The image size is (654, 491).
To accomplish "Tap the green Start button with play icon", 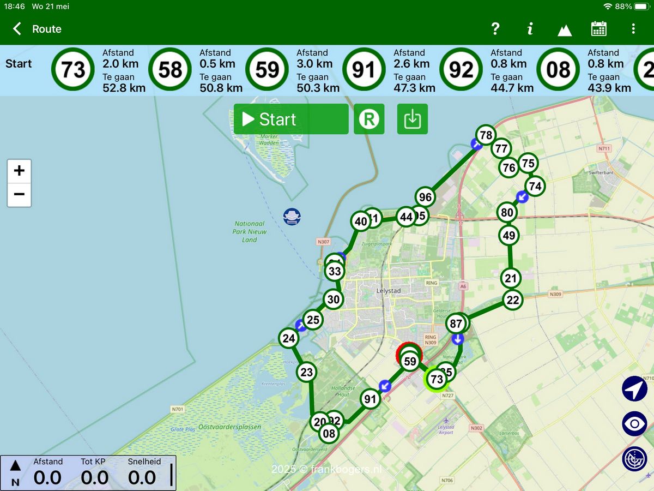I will [291, 119].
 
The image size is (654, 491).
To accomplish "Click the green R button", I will [369, 119].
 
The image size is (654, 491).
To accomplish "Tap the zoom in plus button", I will [19, 171].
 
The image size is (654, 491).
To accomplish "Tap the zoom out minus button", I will [19, 194].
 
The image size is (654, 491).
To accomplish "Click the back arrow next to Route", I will [17, 29].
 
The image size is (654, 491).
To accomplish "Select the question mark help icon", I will [495, 29].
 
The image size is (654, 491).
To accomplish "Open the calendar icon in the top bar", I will [599, 29].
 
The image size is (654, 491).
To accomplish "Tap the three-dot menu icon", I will [633, 29].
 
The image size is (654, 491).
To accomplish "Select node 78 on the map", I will [485, 135].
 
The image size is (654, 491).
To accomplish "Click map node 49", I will [509, 236].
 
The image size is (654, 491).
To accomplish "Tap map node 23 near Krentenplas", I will [307, 373].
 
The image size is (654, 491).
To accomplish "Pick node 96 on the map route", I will [425, 197].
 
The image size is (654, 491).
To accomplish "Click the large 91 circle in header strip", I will [364, 70].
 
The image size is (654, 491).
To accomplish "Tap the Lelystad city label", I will [389, 291].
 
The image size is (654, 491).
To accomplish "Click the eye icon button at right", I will [634, 423].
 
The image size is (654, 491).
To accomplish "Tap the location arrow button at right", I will [634, 388].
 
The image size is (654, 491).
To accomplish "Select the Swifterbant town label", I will [601, 172].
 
